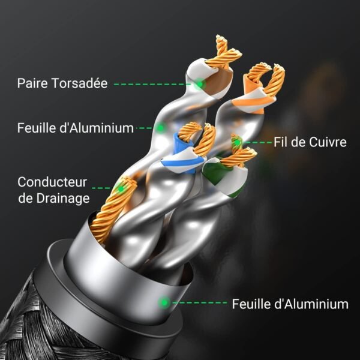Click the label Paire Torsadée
point(62,83)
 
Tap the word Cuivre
point(328,142)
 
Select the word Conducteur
point(52,182)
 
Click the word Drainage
point(63,198)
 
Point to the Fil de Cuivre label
point(310,142)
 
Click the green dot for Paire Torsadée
point(200,84)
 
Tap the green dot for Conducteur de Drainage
point(121,189)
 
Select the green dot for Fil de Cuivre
point(237,143)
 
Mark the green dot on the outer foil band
point(164,302)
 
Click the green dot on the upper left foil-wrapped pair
point(161,127)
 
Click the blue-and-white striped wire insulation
point(184,158)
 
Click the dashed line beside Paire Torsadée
point(152,84)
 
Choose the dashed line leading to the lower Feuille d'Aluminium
point(199,302)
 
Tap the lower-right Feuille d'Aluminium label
point(290,304)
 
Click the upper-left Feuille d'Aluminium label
point(76,128)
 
